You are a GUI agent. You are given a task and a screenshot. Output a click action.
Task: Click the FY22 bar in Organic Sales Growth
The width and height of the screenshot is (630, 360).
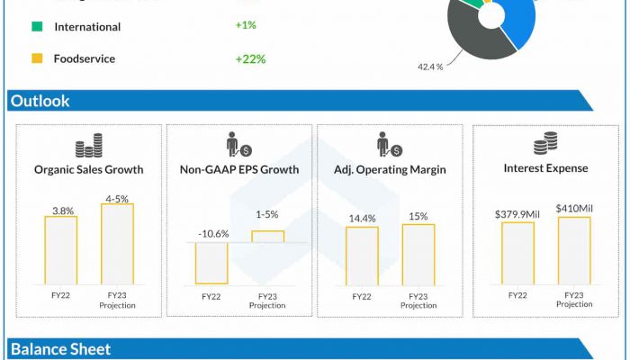(61, 249)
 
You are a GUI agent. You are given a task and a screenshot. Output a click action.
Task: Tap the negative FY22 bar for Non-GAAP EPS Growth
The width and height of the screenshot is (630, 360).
(211, 263)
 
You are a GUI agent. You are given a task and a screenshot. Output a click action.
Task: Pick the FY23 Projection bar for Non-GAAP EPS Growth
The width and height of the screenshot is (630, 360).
(267, 237)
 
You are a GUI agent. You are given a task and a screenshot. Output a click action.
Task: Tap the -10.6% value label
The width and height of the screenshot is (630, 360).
(213, 234)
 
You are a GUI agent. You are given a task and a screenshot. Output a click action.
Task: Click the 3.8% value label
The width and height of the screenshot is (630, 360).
(62, 211)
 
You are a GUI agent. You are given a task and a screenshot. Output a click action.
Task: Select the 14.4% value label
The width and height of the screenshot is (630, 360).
(363, 219)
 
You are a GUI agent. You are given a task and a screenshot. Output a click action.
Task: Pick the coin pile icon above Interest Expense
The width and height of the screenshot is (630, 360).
(545, 142)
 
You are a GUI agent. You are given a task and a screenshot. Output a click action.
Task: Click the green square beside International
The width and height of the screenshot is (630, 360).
(37, 27)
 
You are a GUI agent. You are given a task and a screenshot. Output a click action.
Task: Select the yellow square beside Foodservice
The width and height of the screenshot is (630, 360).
(37, 59)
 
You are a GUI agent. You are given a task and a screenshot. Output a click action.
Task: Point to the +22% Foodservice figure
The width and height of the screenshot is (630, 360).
(250, 59)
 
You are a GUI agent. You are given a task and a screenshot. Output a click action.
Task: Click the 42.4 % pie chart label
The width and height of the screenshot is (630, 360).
(429, 67)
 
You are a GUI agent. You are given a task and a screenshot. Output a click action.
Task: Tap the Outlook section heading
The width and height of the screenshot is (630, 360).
(40, 101)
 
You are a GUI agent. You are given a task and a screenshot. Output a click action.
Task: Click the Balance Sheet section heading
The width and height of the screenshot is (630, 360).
(60, 349)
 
